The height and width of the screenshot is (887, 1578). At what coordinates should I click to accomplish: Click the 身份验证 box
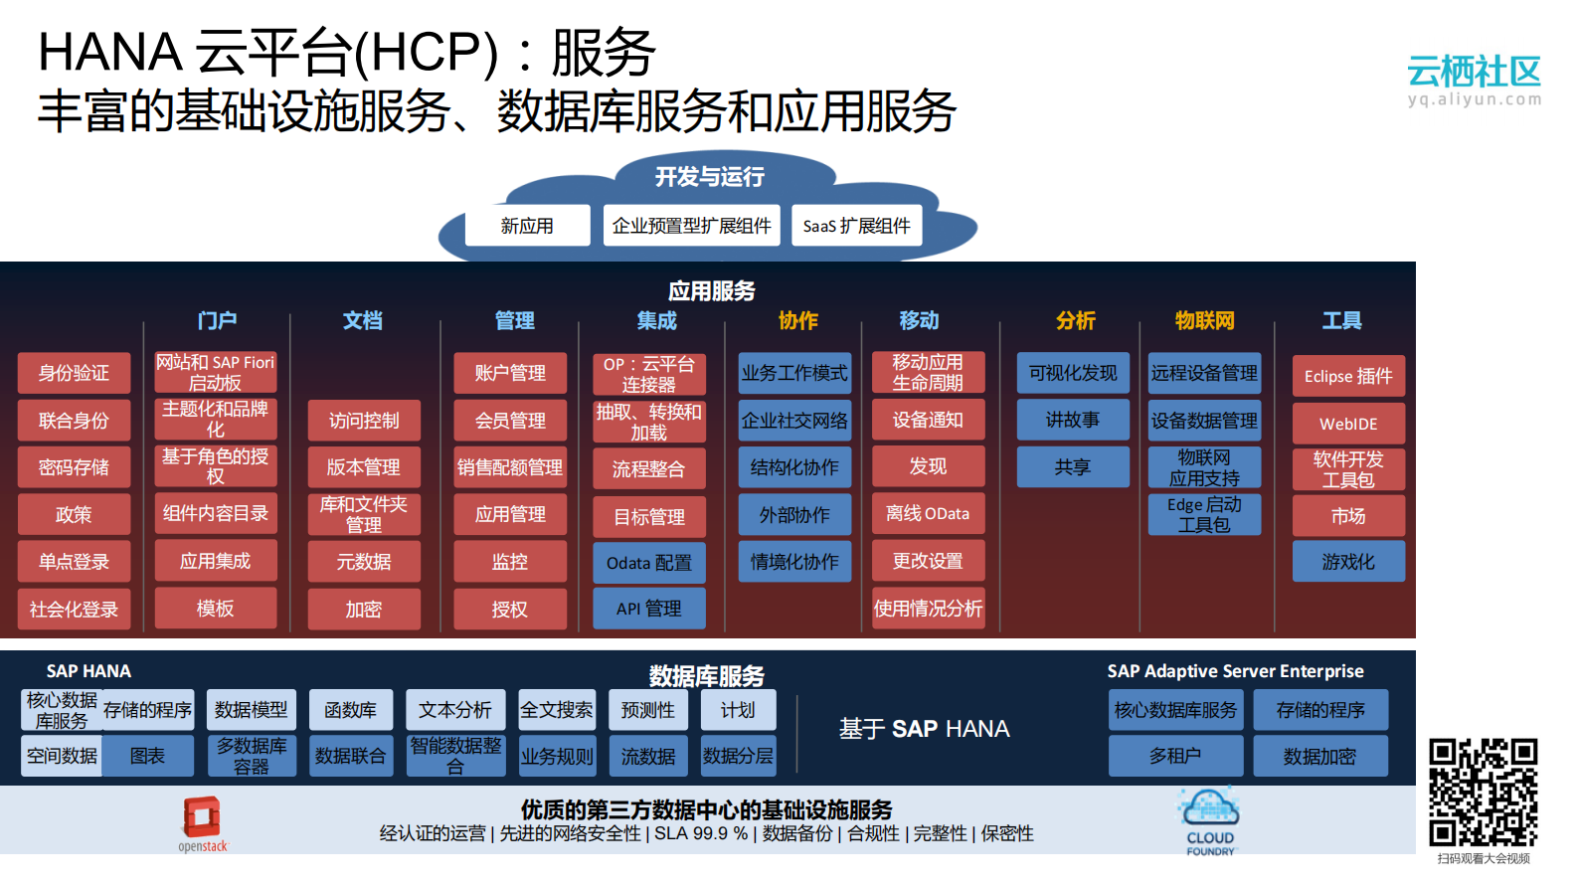pos(74,373)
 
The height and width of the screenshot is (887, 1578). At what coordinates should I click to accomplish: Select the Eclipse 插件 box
pos(1348,376)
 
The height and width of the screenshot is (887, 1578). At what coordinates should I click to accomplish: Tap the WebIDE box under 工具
pos(1348,424)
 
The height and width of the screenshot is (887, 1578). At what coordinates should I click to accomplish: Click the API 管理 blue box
pos(648,609)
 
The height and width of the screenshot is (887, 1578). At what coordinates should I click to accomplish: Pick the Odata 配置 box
pos(648,563)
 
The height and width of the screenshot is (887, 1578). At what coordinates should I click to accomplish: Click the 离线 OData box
pos(928,514)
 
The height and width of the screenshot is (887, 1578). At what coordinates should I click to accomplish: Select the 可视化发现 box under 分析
pos(1073,373)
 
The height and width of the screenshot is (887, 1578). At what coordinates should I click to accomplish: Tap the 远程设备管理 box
pos(1204,373)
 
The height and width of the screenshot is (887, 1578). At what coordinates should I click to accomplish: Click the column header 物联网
pos(1204,320)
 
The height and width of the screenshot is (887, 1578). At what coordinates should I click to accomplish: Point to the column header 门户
pos(216,320)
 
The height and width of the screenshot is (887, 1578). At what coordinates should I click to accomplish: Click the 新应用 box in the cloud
pos(527,226)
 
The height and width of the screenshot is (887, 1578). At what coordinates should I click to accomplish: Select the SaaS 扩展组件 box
pos(856,226)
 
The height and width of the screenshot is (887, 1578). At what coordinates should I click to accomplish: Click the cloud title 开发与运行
pos(709,177)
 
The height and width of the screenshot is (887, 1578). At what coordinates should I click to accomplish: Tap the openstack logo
pos(202,821)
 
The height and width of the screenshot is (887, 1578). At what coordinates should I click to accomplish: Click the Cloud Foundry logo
pos(1209,820)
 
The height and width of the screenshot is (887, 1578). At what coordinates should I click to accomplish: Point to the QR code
pos(1483,793)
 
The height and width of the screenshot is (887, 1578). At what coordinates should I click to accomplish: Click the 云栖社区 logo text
pos(1474,72)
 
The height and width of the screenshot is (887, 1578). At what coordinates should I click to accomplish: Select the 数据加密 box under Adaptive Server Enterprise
pos(1319,757)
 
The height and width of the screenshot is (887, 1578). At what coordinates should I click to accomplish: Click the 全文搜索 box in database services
pos(557,710)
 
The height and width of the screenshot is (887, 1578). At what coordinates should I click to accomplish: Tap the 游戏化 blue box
pos(1348,562)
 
